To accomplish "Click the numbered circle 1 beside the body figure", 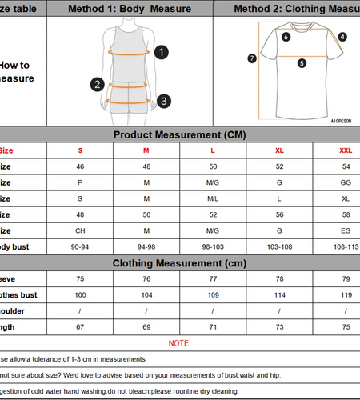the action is [162, 52].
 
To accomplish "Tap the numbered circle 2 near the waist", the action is [97, 84].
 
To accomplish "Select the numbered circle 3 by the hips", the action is [162, 101].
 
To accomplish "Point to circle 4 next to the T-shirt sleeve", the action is [342, 37].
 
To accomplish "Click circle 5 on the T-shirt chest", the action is [302, 63].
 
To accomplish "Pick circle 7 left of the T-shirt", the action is [252, 58].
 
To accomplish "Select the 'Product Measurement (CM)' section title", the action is [179, 134].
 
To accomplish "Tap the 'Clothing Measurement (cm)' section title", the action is [179, 263].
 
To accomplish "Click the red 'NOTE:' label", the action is [180, 343].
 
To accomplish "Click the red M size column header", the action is [146, 150].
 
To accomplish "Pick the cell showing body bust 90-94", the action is [80, 247].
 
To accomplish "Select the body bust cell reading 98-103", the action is [213, 247].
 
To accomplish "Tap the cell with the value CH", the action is [80, 231].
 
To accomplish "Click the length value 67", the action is [80, 327].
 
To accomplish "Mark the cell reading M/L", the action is [213, 198].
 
